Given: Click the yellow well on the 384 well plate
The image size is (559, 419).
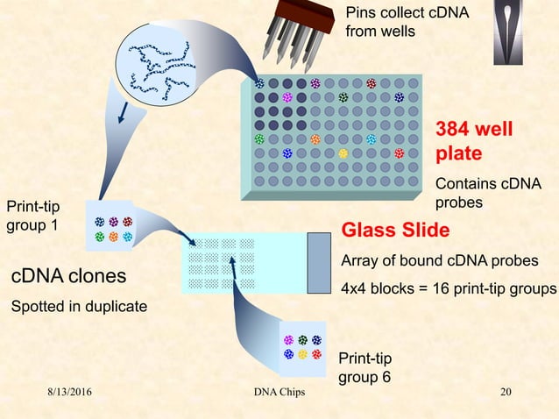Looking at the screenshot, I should click(343, 153).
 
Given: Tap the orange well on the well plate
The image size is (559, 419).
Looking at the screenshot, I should click(315, 139).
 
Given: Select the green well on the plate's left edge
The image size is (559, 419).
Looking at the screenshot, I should click(259, 139).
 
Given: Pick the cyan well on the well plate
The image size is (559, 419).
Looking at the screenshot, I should click(371, 139).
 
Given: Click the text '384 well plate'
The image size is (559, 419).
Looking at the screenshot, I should click(471, 142).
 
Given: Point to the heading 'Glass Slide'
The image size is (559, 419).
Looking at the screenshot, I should click(395, 231).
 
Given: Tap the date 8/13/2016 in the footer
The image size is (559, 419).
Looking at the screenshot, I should click(74, 391).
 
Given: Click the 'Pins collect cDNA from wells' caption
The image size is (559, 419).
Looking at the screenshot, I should click(407, 23).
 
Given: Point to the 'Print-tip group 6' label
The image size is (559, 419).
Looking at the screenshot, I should click(365, 368).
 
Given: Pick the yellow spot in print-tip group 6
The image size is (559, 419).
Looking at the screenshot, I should click(302, 354).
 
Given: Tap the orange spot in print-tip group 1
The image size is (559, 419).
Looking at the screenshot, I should click(113, 237).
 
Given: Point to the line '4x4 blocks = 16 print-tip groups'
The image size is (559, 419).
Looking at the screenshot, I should click(449, 289).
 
